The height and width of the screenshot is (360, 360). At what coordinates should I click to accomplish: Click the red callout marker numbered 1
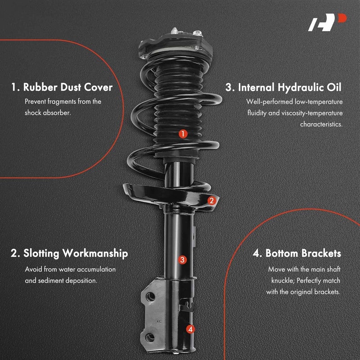pyautogui.click(x=183, y=133)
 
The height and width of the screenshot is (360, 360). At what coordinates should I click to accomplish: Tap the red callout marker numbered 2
pyautogui.click(x=211, y=201)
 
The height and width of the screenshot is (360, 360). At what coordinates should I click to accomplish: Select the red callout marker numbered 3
pyautogui.click(x=182, y=259)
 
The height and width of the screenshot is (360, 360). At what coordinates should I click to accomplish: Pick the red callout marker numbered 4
pyautogui.click(x=191, y=329)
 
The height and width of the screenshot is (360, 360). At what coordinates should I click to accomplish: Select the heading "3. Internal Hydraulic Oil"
pyautogui.click(x=284, y=87)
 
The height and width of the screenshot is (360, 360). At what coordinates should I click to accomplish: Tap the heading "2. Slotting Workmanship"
pyautogui.click(x=69, y=253)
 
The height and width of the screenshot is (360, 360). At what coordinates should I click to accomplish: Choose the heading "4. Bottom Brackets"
pyautogui.click(x=297, y=253)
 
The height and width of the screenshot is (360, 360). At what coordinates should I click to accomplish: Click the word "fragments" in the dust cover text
pyautogui.click(x=63, y=102)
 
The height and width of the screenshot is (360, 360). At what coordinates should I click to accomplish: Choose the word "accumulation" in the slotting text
pyautogui.click(x=96, y=269)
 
